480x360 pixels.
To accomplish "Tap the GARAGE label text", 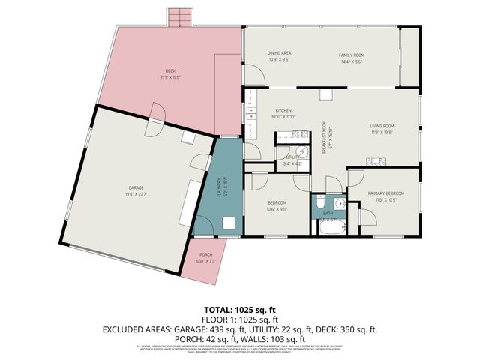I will pyautogui.click(x=136, y=187).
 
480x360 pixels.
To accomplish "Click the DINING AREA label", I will pyautogui.click(x=279, y=53).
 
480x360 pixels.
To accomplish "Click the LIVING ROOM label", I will pyautogui.click(x=382, y=126).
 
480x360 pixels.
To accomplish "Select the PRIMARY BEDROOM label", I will pyautogui.click(x=386, y=193).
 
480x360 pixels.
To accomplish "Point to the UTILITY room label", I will pyautogui.click(x=291, y=158).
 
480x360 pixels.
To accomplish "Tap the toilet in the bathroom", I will pyautogui.click(x=320, y=204).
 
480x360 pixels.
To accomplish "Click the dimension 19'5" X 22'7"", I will pyautogui.click(x=136, y=193).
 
